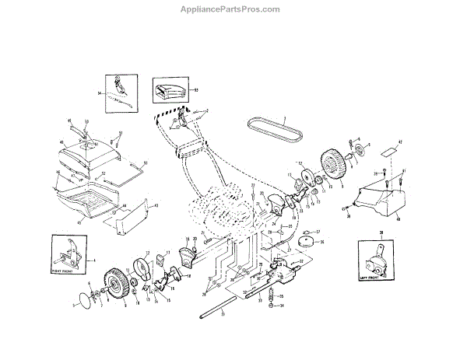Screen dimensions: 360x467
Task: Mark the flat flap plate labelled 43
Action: click(123, 221)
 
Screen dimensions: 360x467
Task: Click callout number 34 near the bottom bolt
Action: click(281, 306)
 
